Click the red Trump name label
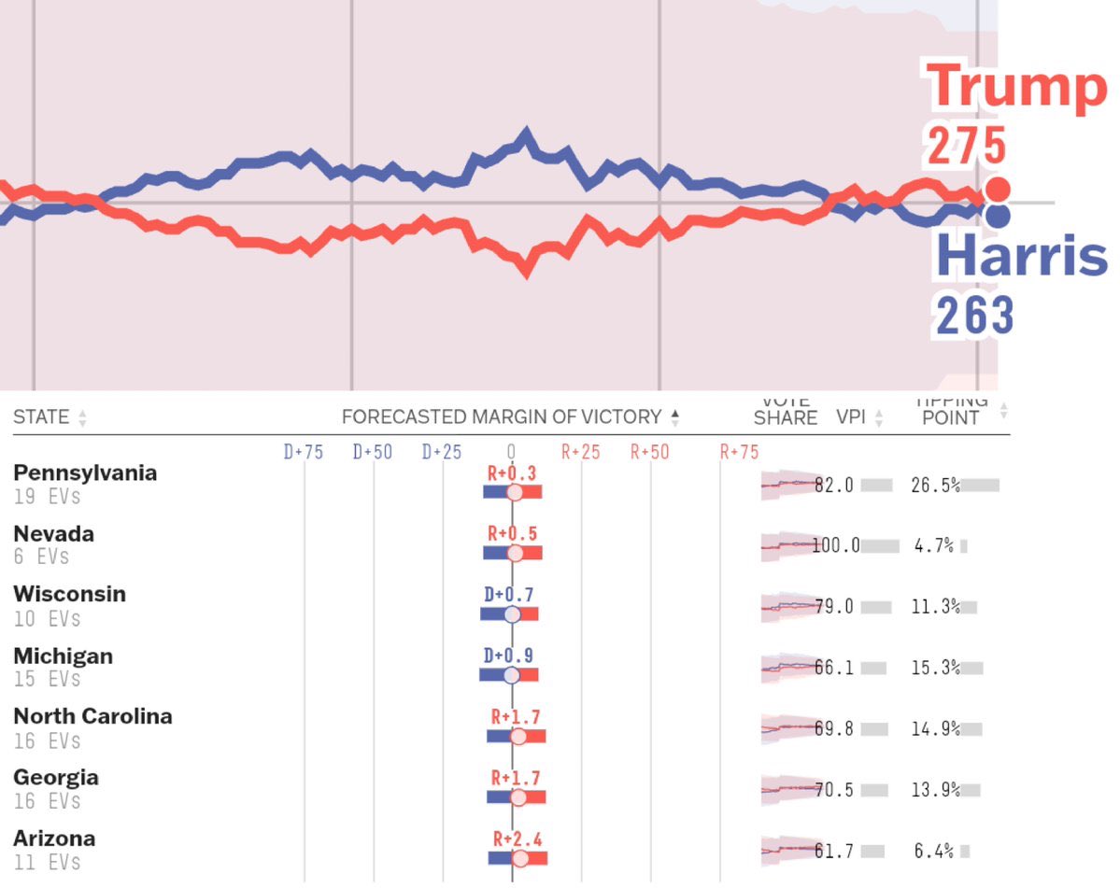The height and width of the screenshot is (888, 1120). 1016,86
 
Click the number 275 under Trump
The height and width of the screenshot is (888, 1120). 967,147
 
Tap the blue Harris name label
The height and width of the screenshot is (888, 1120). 1020,255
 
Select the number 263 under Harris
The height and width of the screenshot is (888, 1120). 974,317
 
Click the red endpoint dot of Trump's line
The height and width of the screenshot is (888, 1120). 998,190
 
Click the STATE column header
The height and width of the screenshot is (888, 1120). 41,417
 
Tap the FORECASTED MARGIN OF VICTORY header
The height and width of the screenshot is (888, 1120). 501,417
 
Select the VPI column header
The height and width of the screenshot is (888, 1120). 851,417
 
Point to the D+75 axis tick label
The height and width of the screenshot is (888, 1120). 304,452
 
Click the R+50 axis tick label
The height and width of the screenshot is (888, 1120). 649,452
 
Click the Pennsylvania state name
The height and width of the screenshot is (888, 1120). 85,472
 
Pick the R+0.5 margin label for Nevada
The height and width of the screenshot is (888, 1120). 512,533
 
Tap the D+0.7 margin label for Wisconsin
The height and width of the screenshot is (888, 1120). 509,594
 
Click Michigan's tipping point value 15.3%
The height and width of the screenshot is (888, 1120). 935,668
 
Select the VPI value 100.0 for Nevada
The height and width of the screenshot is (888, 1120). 836,545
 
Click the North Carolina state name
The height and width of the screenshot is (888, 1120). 92,716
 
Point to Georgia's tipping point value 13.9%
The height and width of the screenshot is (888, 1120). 935,790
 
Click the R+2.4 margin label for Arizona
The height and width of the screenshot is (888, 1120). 517,839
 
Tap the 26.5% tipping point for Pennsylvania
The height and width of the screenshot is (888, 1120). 935,485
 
